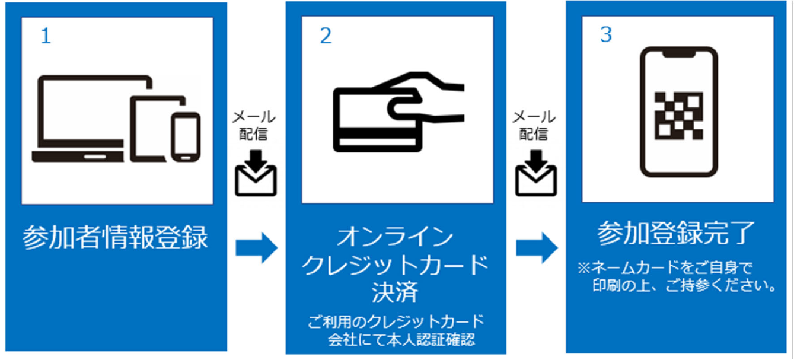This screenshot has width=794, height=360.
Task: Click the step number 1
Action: click(x=46, y=37)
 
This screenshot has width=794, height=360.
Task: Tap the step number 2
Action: click(x=326, y=36)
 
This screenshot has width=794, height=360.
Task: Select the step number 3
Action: click(x=606, y=35)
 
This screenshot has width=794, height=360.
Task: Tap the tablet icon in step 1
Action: click(x=158, y=128)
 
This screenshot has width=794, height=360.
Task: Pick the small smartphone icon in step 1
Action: click(x=186, y=137)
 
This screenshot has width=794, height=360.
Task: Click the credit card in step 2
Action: click(x=378, y=120)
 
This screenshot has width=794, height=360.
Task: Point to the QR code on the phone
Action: click(x=678, y=116)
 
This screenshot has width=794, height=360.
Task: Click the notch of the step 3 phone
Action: click(x=679, y=53)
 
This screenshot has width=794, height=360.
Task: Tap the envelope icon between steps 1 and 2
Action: click(x=256, y=173)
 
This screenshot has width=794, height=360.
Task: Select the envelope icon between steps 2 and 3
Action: click(x=536, y=173)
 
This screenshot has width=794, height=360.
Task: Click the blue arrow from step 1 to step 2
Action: click(x=256, y=247)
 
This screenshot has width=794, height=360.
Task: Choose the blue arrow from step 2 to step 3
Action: click(x=537, y=247)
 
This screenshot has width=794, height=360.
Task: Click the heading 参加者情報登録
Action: click(x=115, y=237)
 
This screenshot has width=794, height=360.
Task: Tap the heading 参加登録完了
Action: click(x=676, y=233)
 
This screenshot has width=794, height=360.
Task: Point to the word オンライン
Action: click(x=396, y=236)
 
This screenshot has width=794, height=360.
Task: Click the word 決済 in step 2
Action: click(x=395, y=292)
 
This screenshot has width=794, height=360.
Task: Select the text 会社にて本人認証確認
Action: click(x=401, y=340)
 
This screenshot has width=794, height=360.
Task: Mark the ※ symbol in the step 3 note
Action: click(x=584, y=268)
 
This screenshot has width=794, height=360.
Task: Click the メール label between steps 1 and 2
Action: click(x=254, y=117)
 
